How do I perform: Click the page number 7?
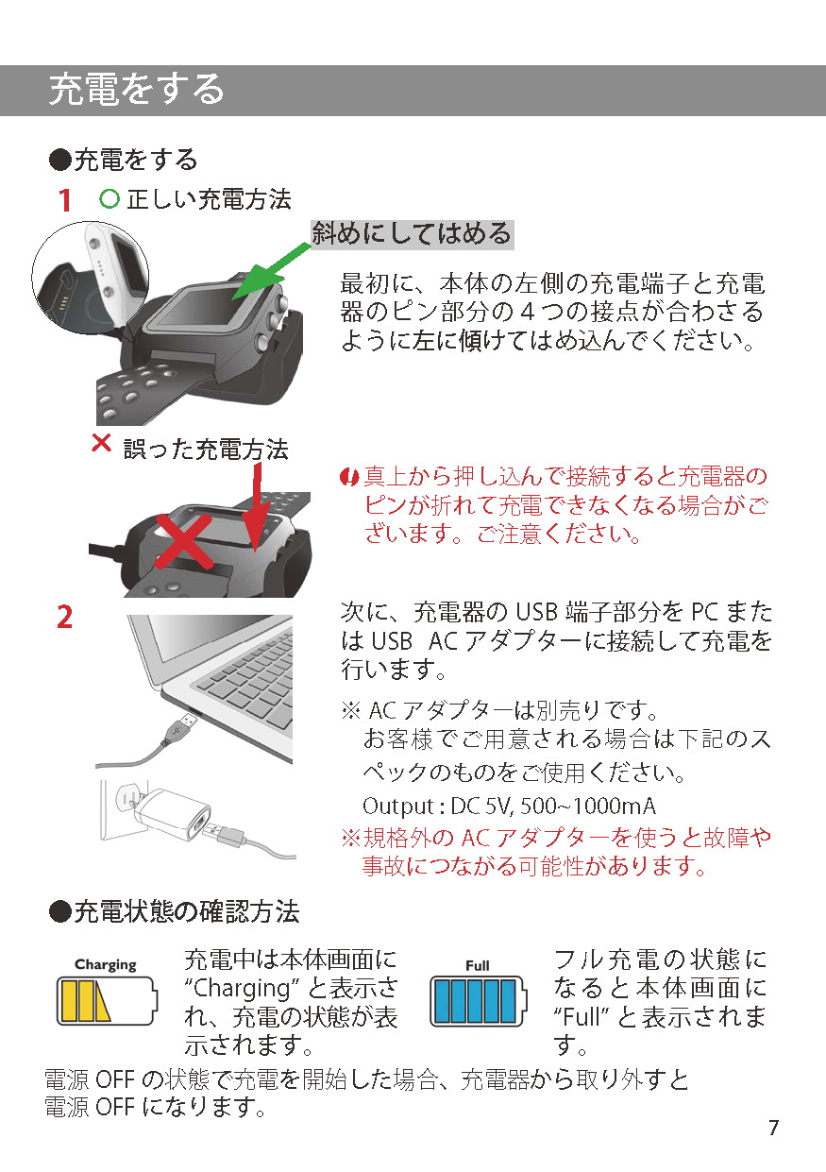[774, 1127]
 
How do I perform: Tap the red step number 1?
[64, 201]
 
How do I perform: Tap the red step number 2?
[64, 617]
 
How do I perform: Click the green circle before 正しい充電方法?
[110, 199]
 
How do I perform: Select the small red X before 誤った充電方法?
[102, 443]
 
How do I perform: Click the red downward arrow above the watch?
[257, 507]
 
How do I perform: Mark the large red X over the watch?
[183, 541]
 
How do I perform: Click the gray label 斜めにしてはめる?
[413, 234]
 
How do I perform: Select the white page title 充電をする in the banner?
[137, 90]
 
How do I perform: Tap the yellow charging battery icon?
[107, 1001]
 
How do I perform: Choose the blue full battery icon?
[478, 1001]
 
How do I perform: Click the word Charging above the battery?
[105, 964]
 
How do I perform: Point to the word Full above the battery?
[477, 965]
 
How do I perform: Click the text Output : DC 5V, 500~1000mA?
[509, 807]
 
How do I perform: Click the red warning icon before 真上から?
[348, 477]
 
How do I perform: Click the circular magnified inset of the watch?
[91, 278]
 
